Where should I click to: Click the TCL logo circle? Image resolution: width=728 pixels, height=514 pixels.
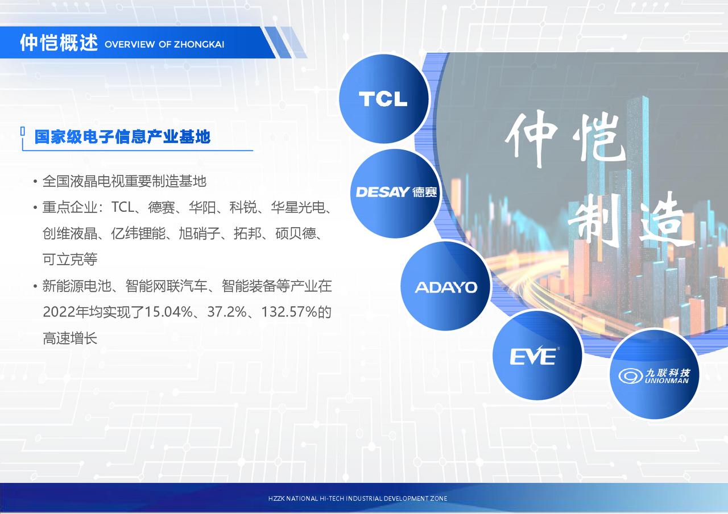pos(383,98)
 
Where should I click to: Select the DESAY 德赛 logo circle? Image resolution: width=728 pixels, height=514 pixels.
pos(395,193)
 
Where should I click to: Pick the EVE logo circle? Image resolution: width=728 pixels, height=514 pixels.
pos(537,356)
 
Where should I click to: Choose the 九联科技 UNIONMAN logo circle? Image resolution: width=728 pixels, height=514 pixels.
pos(654,374)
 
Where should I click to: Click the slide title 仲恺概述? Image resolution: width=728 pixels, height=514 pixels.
pos(59,43)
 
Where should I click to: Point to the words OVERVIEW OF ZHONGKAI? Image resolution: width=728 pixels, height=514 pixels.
pos(164,44)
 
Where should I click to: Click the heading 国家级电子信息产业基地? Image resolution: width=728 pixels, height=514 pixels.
pos(122,137)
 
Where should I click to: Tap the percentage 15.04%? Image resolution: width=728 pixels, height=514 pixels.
pos(168,312)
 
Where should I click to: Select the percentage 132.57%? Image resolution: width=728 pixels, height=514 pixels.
pos(289,312)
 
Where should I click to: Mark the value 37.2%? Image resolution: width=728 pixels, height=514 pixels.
pos(227,312)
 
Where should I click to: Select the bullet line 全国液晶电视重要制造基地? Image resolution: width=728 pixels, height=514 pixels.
pos(124,181)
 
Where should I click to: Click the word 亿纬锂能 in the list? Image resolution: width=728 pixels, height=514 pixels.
pos(138,233)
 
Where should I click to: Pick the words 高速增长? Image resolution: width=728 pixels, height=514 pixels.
pos(70,339)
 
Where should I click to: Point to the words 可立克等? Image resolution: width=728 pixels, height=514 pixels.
pos(70,260)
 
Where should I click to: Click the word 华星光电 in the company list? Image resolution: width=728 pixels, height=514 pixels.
pos(297,207)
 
